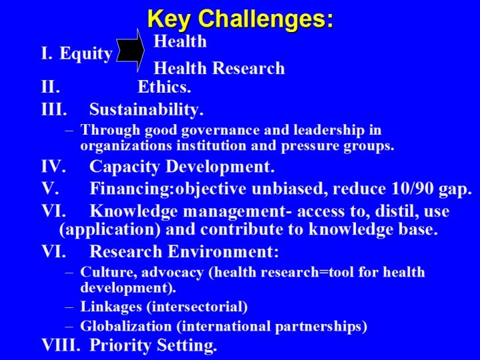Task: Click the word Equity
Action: point(86,54)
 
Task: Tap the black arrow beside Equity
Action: point(131,51)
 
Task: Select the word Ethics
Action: point(164,87)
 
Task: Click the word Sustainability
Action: point(146,110)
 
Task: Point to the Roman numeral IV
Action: point(53,167)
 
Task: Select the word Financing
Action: point(131,189)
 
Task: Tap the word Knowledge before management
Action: point(133,212)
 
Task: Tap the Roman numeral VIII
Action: point(61,346)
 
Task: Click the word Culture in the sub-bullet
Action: point(102,273)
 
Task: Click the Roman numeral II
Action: point(51,87)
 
